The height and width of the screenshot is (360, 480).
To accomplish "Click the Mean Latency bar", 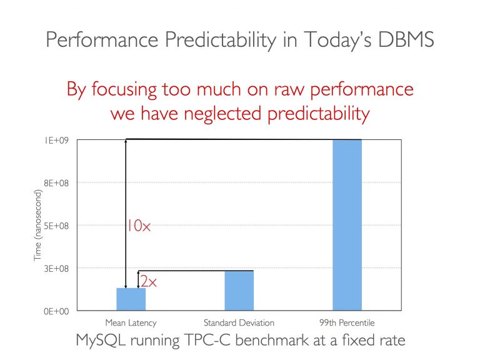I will [x=131, y=299].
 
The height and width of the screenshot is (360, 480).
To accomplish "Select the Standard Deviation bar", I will [x=239, y=291].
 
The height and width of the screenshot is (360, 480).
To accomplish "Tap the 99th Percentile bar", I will [x=347, y=225].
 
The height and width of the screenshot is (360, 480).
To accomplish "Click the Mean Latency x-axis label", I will [x=131, y=322].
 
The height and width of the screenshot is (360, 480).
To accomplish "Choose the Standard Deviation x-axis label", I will [x=239, y=322].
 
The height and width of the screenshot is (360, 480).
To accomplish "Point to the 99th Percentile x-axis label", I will [x=347, y=322].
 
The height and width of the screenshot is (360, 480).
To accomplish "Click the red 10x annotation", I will [x=139, y=226].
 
